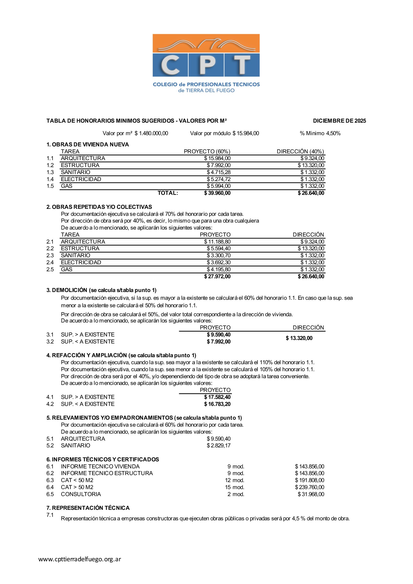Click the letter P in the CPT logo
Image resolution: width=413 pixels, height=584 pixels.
(x=206, y=65)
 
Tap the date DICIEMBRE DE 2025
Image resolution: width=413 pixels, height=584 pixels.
(x=339, y=121)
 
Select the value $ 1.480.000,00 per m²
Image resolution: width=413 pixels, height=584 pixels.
(x=151, y=133)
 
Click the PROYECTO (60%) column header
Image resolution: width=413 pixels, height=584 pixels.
(x=207, y=152)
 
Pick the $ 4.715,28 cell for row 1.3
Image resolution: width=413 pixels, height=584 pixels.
(x=219, y=172)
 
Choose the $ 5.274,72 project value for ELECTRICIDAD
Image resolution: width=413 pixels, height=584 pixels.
(x=219, y=179)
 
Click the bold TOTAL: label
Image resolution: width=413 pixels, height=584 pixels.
(x=168, y=193)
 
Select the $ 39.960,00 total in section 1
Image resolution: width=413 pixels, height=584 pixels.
(x=217, y=193)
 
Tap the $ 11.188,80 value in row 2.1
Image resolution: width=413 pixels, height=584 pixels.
(x=217, y=242)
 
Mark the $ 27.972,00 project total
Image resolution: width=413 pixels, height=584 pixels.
(x=217, y=277)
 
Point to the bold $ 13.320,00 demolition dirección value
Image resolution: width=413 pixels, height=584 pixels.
(x=299, y=338)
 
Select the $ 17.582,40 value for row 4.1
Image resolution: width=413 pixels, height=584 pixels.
(x=217, y=397)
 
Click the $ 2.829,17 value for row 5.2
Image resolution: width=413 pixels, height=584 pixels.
(x=219, y=445)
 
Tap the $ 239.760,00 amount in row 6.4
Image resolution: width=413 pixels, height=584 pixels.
(x=309, y=487)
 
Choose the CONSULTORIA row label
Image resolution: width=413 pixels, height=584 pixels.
(x=81, y=494)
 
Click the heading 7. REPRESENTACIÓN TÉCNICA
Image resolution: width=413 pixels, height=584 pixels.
(x=88, y=508)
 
